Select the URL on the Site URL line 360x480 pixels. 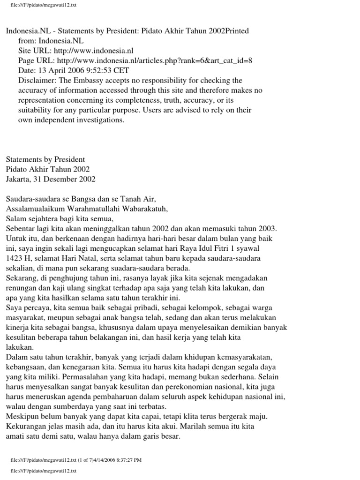pyautogui.click(x=94, y=51)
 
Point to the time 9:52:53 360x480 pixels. pyautogui.click(x=97, y=70)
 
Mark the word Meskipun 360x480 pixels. pyautogui.click(x=22, y=416)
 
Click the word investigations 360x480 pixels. pyautogui.click(x=99, y=120)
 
